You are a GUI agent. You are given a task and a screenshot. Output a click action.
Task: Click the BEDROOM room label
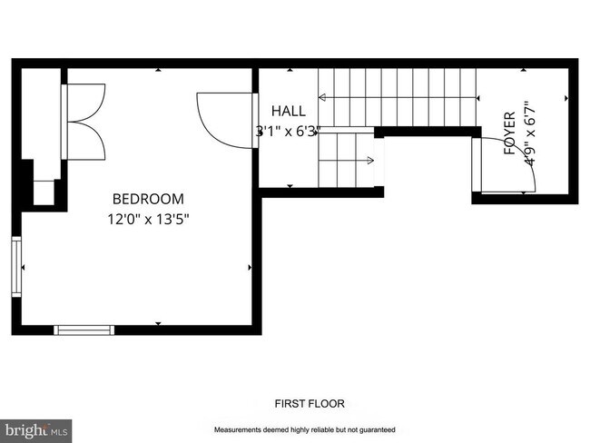(x=148, y=199)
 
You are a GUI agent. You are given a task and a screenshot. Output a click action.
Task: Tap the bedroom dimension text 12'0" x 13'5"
(x=148, y=219)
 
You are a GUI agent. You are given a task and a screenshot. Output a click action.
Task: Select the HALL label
(x=289, y=111)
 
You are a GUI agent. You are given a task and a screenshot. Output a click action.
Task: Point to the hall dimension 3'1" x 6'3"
(x=289, y=132)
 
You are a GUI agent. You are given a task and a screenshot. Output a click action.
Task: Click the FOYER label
(x=509, y=133)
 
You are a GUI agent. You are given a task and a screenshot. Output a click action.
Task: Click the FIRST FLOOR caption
(x=310, y=403)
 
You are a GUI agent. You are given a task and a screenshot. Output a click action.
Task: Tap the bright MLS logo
(x=35, y=431)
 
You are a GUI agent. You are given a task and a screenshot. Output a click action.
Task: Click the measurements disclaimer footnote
(x=305, y=429)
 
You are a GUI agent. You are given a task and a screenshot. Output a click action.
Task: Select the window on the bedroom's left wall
(x=16, y=267)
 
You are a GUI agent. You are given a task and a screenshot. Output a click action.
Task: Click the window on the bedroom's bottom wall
(x=84, y=330)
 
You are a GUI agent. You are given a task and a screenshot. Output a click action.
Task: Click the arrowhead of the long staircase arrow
(x=322, y=97)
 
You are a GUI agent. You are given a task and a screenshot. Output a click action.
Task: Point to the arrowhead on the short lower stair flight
(x=370, y=161)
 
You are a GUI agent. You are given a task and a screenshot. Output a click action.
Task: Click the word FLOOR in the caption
(x=327, y=403)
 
